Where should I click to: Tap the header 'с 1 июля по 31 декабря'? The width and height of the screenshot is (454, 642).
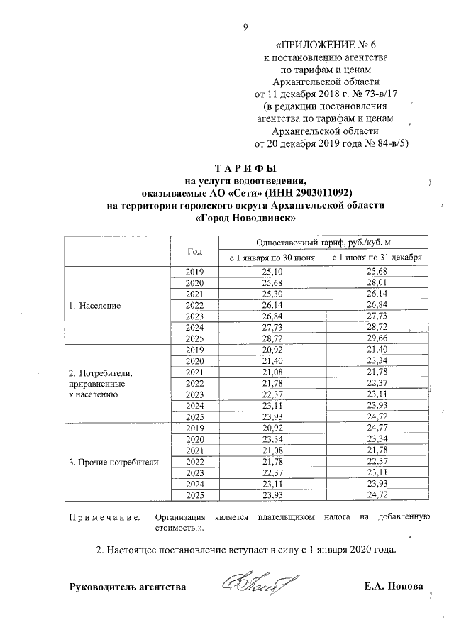click(374, 258)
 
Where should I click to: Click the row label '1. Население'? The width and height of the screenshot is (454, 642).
click(94, 306)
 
